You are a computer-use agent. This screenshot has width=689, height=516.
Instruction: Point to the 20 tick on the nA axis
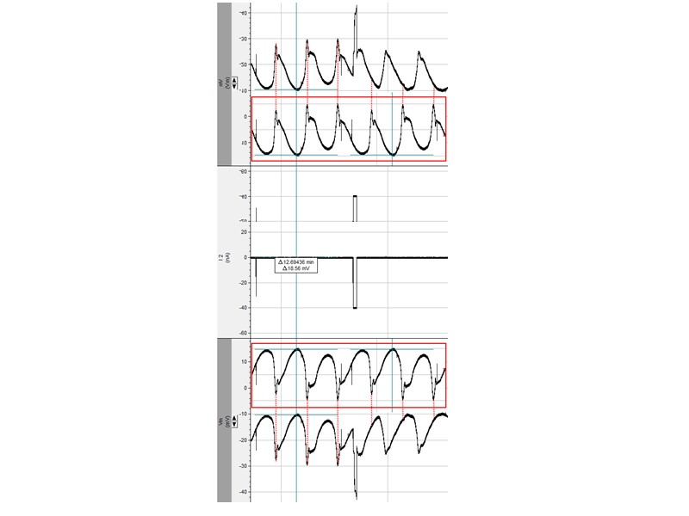(x=244, y=231)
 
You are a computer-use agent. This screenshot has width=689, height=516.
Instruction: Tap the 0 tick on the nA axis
(x=245, y=257)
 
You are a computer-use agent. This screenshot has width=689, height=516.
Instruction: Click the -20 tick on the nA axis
(x=244, y=282)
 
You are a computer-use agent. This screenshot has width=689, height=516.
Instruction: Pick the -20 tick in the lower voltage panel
(x=244, y=439)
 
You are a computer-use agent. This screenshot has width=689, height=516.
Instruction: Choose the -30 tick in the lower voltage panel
(x=244, y=465)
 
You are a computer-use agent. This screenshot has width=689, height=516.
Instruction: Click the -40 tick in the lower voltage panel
(x=244, y=491)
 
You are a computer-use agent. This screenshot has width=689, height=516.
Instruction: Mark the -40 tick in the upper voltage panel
(x=244, y=14)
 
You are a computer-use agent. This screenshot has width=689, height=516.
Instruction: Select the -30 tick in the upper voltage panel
(x=244, y=40)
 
